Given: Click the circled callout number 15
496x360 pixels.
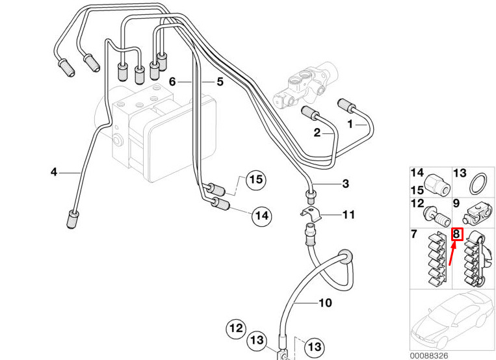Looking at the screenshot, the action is (256, 180).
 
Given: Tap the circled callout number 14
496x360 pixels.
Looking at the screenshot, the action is (262, 216).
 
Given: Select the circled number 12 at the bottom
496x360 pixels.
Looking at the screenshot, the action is (236, 328).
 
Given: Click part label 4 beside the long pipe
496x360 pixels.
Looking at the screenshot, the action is (54, 172).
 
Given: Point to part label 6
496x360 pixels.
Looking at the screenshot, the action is (172, 82).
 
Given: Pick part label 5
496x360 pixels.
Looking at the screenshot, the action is (220, 82).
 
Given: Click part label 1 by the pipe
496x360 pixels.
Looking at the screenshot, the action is (350, 124).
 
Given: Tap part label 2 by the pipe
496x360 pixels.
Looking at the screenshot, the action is (317, 133).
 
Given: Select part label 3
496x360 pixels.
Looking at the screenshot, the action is (346, 183).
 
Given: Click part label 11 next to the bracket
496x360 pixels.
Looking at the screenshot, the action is (349, 215).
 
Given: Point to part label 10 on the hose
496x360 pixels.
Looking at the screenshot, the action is (325, 303).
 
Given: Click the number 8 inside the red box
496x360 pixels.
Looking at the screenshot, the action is (456, 234).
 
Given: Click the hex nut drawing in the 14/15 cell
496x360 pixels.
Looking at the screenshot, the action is (437, 184).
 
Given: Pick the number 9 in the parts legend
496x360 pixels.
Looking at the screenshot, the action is (456, 203).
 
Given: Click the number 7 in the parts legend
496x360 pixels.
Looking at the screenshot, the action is (414, 234).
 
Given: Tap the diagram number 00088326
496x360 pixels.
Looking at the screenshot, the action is (429, 356).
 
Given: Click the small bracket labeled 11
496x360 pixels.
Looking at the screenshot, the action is (311, 213).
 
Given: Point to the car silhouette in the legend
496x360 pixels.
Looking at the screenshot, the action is (452, 319).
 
